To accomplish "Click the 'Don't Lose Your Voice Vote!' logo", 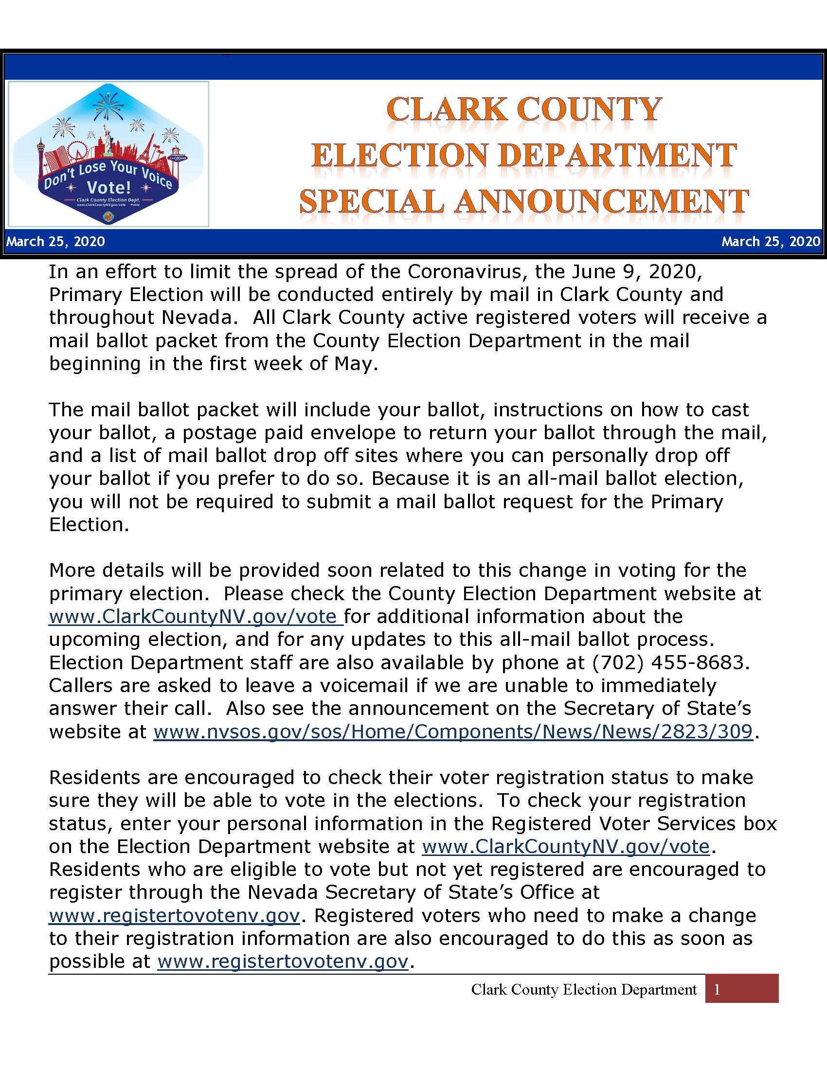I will tap(108, 154).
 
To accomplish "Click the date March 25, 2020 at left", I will tap(55, 241).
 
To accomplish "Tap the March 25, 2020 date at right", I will tap(771, 241).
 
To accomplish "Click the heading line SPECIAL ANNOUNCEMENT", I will tap(524, 201).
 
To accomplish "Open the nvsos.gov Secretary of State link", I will tap(453, 732).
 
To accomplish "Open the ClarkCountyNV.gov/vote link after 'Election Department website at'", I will tap(565, 847).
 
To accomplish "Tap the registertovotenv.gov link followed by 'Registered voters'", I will tap(174, 916).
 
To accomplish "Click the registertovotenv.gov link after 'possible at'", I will tap(283, 962).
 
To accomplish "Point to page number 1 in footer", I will tap(717, 990).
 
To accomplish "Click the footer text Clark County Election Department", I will tap(583, 990).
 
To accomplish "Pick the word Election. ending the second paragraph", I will tap(89, 525).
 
